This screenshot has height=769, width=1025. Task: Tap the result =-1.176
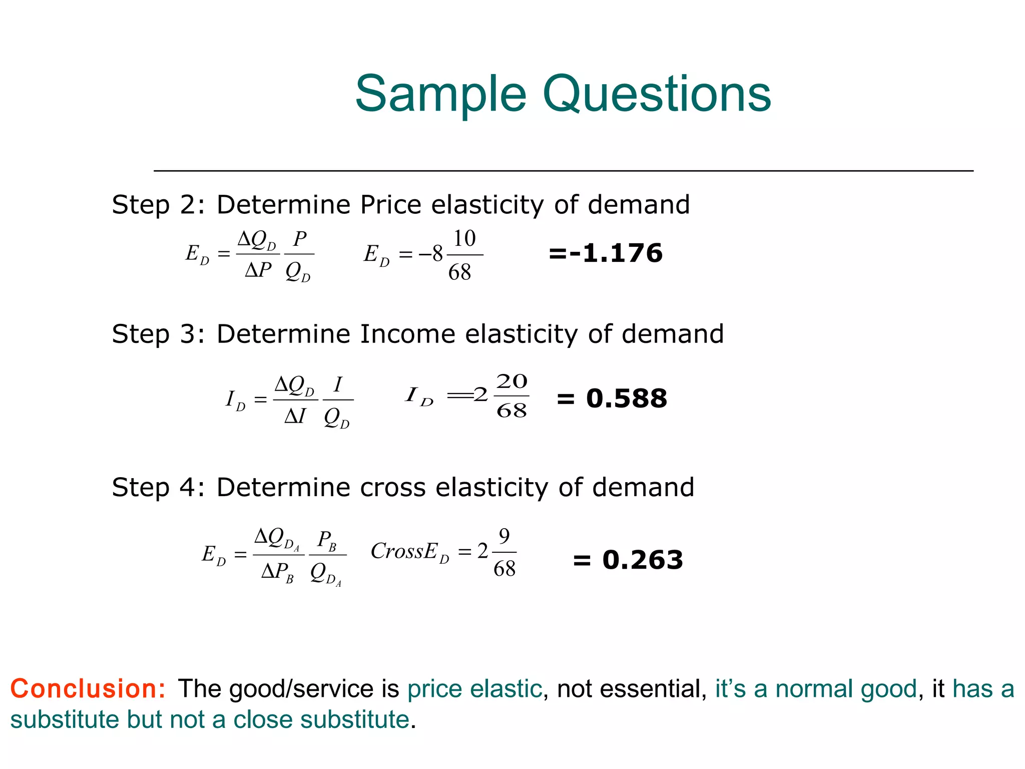pos(606,253)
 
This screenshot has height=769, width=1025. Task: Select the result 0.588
pos(627,399)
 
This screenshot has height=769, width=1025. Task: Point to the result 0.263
pos(643,560)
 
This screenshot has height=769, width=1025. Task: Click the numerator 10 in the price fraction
pos(464,239)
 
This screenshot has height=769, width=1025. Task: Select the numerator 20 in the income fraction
pos(511,381)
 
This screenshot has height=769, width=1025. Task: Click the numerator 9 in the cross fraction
pos(504,536)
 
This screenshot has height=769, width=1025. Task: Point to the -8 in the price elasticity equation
pos(431,254)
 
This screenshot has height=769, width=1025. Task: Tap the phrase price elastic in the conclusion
pos(474,689)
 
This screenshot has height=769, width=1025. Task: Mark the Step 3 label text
pos(158,334)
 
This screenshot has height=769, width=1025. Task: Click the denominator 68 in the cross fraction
pos(504,569)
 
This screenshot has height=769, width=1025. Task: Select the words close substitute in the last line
pos(321,720)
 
